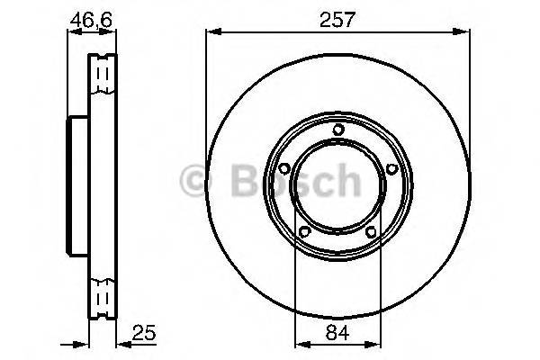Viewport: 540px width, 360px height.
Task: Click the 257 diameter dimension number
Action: pyautogui.click(x=337, y=17)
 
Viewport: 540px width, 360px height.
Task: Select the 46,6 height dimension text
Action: pyautogui.click(x=85, y=18)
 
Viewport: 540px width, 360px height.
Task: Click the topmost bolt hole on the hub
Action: pyautogui.click(x=337, y=130)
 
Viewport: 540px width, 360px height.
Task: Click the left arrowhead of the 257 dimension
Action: pyautogui.click(x=211, y=32)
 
